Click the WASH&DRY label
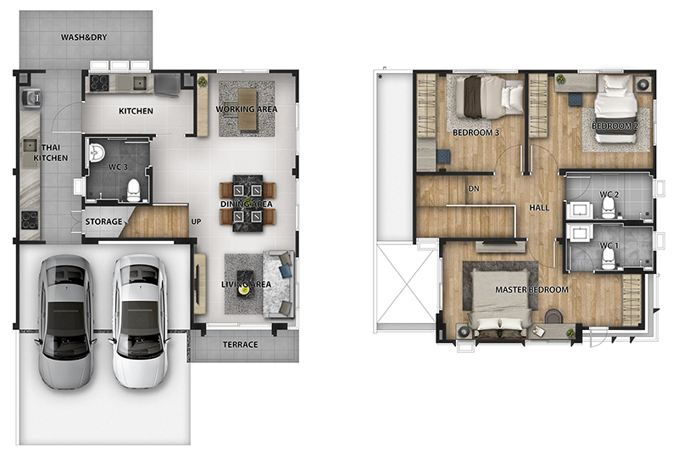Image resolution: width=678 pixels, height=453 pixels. (x=83, y=37)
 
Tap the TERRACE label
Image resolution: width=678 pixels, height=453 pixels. (x=241, y=344)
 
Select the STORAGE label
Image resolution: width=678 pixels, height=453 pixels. (x=103, y=221)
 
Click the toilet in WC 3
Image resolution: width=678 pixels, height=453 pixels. (x=134, y=190)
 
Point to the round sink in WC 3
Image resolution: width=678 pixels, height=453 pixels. (x=97, y=153)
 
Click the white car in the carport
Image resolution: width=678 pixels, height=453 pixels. (x=140, y=321)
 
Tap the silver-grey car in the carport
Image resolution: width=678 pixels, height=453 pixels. (x=66, y=322)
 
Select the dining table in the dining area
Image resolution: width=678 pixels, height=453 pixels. (x=247, y=203)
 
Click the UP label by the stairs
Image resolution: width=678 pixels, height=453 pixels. (x=196, y=221)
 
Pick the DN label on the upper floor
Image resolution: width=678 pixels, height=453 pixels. (x=474, y=188)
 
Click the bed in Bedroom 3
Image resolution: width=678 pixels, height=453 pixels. (x=489, y=97)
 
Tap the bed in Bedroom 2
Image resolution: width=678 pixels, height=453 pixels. (x=615, y=109)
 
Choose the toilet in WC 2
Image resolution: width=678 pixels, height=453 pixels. (x=609, y=209)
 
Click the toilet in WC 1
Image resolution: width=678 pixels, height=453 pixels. (x=609, y=259)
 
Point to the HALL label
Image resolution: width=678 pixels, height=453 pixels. (x=539, y=208)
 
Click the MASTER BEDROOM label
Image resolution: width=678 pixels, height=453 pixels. (x=532, y=289)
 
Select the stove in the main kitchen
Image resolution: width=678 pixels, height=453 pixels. (x=99, y=83)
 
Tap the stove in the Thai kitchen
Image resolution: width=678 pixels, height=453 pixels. (x=30, y=220)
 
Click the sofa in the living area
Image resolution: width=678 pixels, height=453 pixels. (x=279, y=284)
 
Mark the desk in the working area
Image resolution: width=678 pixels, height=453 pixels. (x=247, y=109)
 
